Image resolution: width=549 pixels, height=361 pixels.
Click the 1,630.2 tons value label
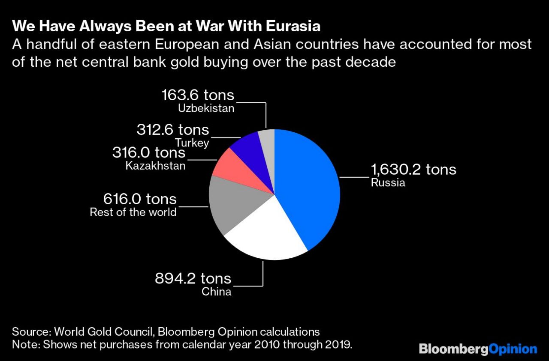pyautogui.click(x=413, y=170)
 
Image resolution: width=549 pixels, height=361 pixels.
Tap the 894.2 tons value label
pyautogui.click(x=193, y=279)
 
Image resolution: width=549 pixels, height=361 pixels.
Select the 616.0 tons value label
pyautogui.click(x=140, y=199)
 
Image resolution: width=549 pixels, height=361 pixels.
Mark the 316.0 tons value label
pyautogui.click(x=149, y=152)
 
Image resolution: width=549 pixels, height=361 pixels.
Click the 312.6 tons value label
pyautogui.click(x=173, y=129)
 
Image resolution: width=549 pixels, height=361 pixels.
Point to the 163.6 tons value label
pyautogui.click(x=198, y=95)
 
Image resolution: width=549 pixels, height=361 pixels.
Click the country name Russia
pyautogui.click(x=388, y=183)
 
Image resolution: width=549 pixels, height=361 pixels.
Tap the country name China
pyautogui.click(x=217, y=292)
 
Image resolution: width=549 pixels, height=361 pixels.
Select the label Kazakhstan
pyautogui.click(x=156, y=165)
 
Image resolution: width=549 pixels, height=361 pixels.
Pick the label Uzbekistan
pyautogui.click(x=206, y=108)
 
